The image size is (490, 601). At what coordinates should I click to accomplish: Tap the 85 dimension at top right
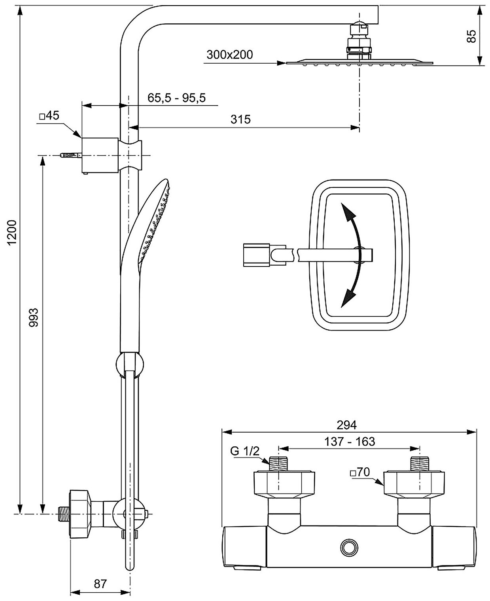click(x=471, y=36)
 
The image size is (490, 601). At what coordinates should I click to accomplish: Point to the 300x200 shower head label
click(x=229, y=55)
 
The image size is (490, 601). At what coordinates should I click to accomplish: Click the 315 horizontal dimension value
click(x=240, y=119)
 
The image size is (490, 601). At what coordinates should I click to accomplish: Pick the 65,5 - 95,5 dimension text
click(x=177, y=98)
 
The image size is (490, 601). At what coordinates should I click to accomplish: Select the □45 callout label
click(x=49, y=116)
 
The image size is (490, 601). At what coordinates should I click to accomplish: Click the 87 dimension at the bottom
click(x=100, y=584)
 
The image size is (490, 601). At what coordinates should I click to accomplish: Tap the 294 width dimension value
click(x=346, y=425)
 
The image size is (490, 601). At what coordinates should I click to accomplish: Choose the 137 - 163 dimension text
click(x=350, y=441)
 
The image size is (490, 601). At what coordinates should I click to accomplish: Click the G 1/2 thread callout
click(x=245, y=451)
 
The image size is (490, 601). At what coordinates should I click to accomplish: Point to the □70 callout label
click(x=359, y=472)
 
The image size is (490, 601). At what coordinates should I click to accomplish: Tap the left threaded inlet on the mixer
click(x=279, y=463)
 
